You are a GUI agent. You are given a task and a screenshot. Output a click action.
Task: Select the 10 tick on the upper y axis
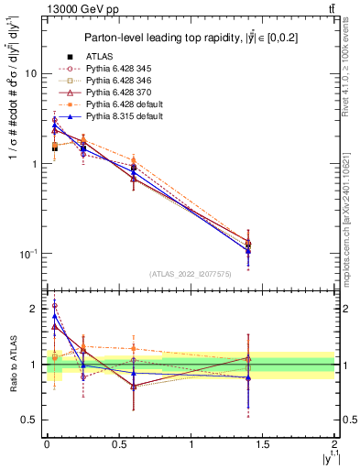[x=32, y=73]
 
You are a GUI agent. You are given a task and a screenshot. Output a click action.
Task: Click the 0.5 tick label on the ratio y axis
[x=30, y=420]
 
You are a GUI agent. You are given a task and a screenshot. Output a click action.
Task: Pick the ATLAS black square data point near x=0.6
[x=134, y=169]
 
